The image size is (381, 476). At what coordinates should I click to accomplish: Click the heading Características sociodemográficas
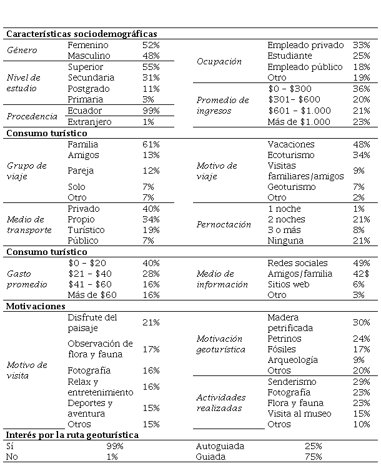click(x=81, y=34)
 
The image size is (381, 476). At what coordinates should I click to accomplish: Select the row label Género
click(x=22, y=50)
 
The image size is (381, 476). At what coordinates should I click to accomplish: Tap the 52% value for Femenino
click(x=151, y=45)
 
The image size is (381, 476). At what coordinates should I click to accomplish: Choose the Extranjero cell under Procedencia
click(x=89, y=121)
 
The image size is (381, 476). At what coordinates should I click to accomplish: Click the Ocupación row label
click(x=219, y=61)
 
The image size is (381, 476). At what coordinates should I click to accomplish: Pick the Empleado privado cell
click(x=305, y=45)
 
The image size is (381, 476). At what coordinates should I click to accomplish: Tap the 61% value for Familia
click(x=151, y=144)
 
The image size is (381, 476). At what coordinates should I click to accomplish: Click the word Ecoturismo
click(x=291, y=155)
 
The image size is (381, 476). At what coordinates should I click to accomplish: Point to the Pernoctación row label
click(x=224, y=224)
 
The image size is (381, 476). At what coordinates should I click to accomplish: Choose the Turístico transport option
click(x=86, y=230)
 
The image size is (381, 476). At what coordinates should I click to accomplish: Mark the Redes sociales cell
click(x=297, y=263)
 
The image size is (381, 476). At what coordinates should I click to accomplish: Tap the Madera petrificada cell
click(x=290, y=322)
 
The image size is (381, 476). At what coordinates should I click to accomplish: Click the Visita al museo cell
click(x=299, y=413)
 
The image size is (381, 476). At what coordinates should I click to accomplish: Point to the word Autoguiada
click(x=220, y=446)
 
